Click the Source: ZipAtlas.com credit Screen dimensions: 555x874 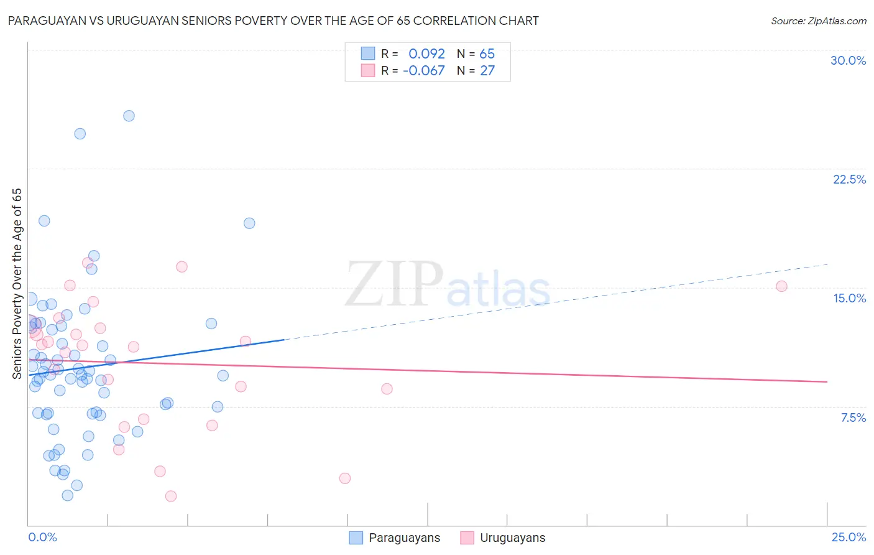(818, 21)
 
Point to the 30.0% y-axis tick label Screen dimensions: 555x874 (848, 60)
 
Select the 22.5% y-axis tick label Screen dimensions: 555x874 (849, 179)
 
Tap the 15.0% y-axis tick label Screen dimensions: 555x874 (849, 298)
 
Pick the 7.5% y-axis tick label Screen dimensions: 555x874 (853, 417)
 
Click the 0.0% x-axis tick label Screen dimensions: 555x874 (42, 537)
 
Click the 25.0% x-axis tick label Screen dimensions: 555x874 (849, 537)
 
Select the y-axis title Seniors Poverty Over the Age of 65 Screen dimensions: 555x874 (17, 283)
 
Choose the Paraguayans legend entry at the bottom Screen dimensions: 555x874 (395, 538)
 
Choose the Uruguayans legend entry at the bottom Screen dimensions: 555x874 (503, 538)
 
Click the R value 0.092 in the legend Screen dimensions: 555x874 (426, 54)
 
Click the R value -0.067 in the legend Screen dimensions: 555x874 (424, 71)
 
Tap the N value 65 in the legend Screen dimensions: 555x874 (487, 54)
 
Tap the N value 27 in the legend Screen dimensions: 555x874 (487, 71)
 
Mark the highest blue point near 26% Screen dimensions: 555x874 (129, 116)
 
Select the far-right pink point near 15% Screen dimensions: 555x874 (781, 286)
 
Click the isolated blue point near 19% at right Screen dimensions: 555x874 (249, 223)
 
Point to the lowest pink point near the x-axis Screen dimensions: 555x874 (171, 496)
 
